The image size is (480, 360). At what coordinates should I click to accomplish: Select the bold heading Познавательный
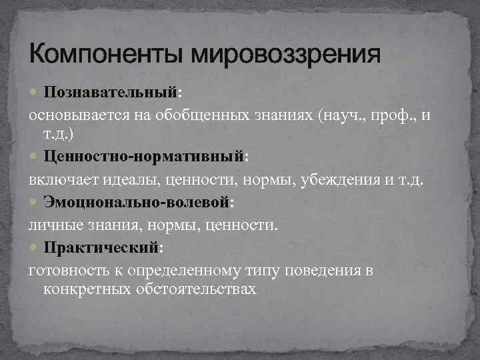(x=109, y=90)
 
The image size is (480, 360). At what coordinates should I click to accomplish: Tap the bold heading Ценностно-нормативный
(x=145, y=158)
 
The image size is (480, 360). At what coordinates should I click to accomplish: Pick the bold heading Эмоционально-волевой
(x=137, y=202)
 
